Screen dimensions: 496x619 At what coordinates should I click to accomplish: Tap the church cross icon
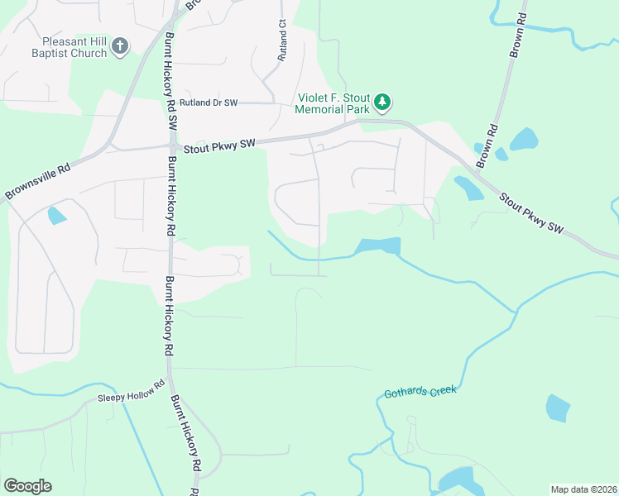coord(119,46)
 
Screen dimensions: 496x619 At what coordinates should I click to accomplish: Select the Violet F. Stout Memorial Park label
coord(333,103)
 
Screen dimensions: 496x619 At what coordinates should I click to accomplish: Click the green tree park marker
coord(381,103)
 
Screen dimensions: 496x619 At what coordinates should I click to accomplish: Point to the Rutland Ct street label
coord(282,41)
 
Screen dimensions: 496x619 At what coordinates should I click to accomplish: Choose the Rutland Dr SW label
coord(209,103)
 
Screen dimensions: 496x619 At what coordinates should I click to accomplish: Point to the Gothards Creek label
coord(420,392)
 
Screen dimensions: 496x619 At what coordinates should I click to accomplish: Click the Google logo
coord(27,486)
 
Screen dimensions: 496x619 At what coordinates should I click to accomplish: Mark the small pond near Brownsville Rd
coord(56,216)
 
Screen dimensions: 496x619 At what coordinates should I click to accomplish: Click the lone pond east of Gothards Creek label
coord(558,408)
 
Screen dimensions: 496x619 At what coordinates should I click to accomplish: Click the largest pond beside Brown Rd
coord(524,138)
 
